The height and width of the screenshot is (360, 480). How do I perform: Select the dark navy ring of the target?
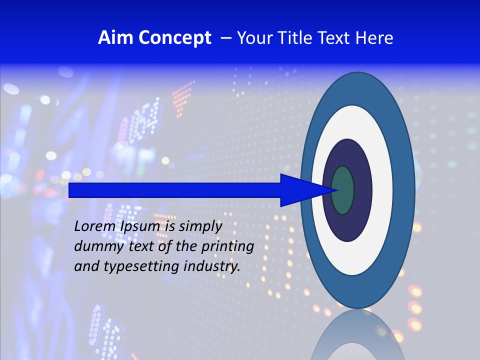click(x=362, y=190)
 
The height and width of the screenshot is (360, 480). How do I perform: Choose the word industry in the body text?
click(x=212, y=266)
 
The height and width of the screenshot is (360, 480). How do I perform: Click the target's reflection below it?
click(x=357, y=335)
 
